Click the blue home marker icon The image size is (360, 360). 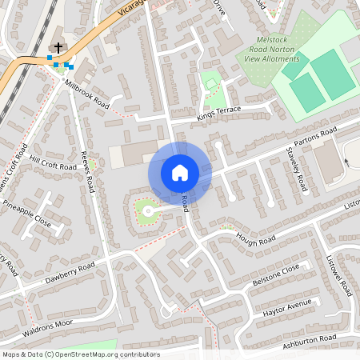point(180,172)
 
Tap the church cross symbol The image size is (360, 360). point(58,48)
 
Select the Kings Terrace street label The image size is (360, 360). point(218,115)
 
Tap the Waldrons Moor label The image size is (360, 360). point(47,329)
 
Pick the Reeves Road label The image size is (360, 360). point(87,167)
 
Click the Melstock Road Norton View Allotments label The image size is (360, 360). point(273,49)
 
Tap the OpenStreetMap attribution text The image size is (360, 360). point(81,354)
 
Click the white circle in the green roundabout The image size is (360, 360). point(147,210)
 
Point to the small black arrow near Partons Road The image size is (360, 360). point(346,161)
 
